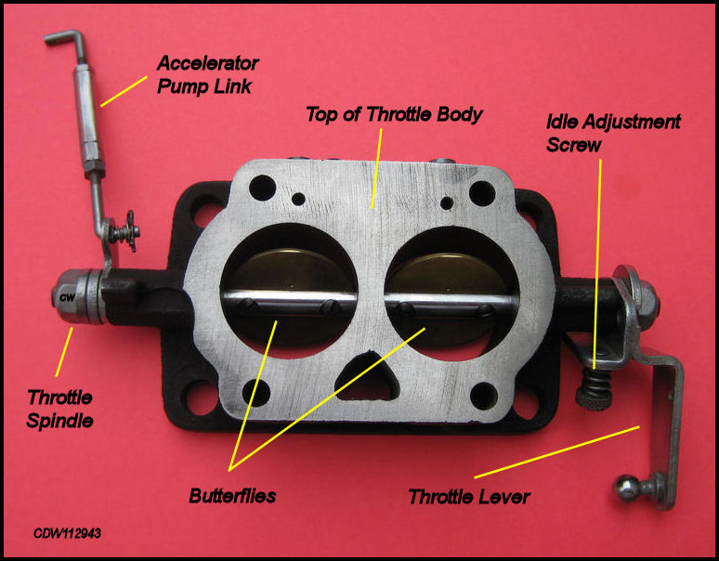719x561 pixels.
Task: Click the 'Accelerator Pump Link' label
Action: click(208, 74)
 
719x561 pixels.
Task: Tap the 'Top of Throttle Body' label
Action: click(394, 114)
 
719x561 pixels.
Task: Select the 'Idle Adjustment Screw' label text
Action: click(613, 133)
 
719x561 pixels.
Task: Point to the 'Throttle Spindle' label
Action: click(59, 409)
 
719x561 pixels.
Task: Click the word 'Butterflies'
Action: click(232, 495)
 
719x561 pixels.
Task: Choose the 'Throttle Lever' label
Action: click(469, 496)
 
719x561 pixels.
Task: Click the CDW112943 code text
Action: click(67, 533)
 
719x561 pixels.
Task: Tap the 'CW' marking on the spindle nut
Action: click(67, 297)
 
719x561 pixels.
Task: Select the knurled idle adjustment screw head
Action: click(594, 398)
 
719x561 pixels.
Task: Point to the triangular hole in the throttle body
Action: click(366, 376)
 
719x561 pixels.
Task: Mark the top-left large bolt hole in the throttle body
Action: click(262, 188)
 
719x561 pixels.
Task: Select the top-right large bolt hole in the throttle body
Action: click(482, 193)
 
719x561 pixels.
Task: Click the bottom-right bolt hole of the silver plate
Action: click(484, 396)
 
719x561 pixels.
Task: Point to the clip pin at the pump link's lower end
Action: click(124, 231)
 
